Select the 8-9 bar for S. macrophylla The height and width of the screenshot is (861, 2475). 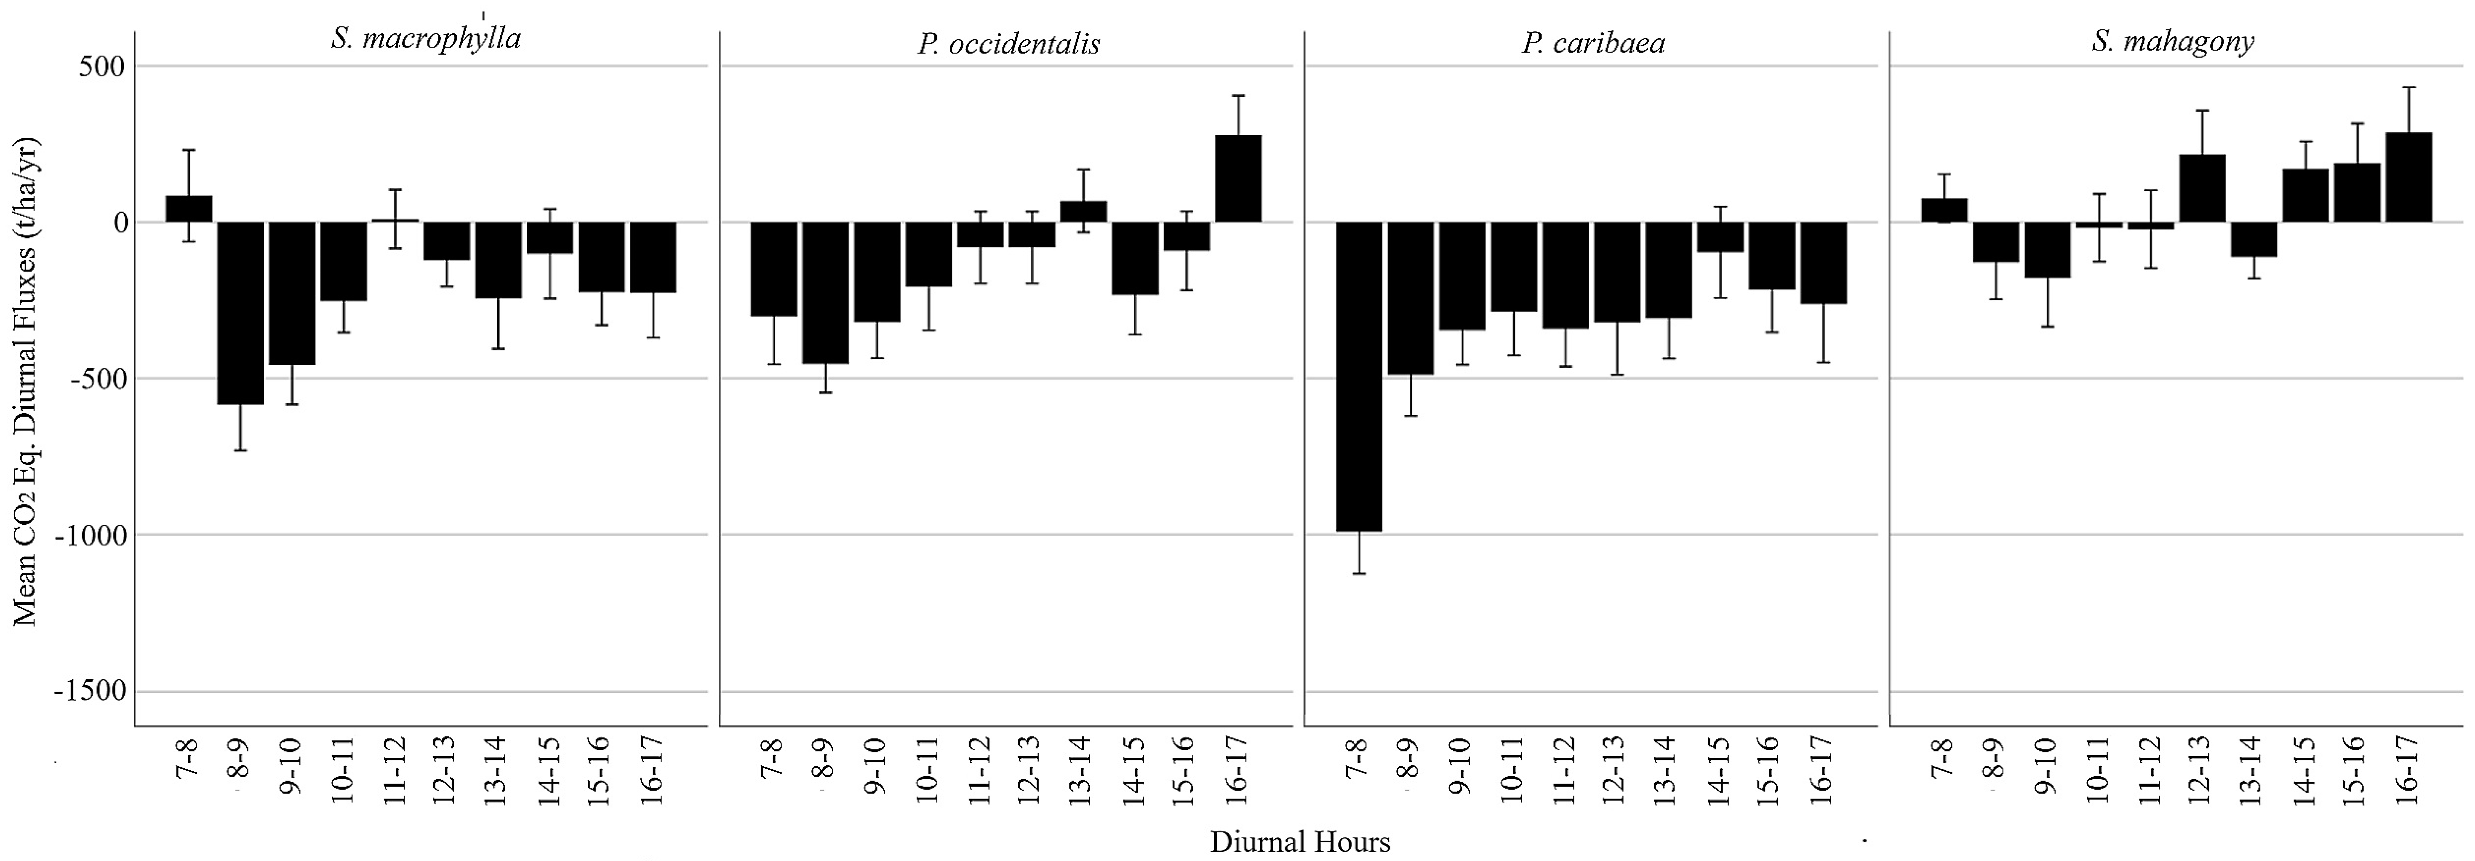tap(240, 313)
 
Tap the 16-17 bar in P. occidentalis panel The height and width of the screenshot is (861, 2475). tap(1238, 179)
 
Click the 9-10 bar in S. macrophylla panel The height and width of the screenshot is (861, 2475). tap(292, 293)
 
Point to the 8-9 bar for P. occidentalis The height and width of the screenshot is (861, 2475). tap(825, 292)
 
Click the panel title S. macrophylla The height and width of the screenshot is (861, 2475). tap(426, 38)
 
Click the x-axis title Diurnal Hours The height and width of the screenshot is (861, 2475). tap(1300, 842)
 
